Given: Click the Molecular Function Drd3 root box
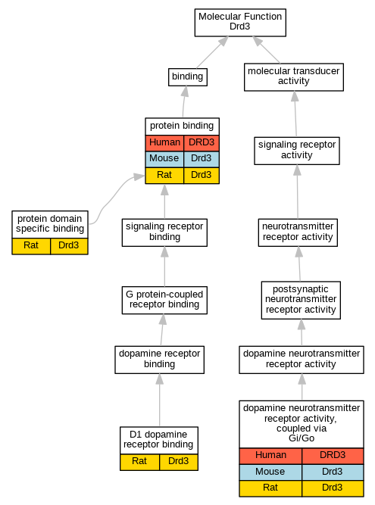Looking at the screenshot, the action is [240, 23].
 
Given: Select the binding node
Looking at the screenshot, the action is [188, 77].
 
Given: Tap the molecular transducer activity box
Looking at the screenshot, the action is [293, 77].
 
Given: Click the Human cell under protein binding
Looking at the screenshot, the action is [164, 142].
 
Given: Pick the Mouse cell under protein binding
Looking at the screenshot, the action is [164, 158].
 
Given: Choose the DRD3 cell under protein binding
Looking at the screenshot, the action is [202, 142].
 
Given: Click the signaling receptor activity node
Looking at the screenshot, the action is [297, 151].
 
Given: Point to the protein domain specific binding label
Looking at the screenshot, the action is [50, 224].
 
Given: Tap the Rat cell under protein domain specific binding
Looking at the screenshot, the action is [31, 246].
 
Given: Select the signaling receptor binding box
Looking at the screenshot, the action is [164, 232].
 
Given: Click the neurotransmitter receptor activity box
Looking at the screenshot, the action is [298, 232].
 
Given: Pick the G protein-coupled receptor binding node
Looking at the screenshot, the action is [164, 300].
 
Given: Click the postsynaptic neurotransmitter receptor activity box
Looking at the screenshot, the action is [301, 300].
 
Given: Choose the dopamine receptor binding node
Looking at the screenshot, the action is [160, 360].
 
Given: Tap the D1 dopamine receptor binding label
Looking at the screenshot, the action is [158, 440].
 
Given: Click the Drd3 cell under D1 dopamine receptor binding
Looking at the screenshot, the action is [179, 462].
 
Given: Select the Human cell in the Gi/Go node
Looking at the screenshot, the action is [270, 455].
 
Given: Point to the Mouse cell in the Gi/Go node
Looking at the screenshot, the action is [270, 472].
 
